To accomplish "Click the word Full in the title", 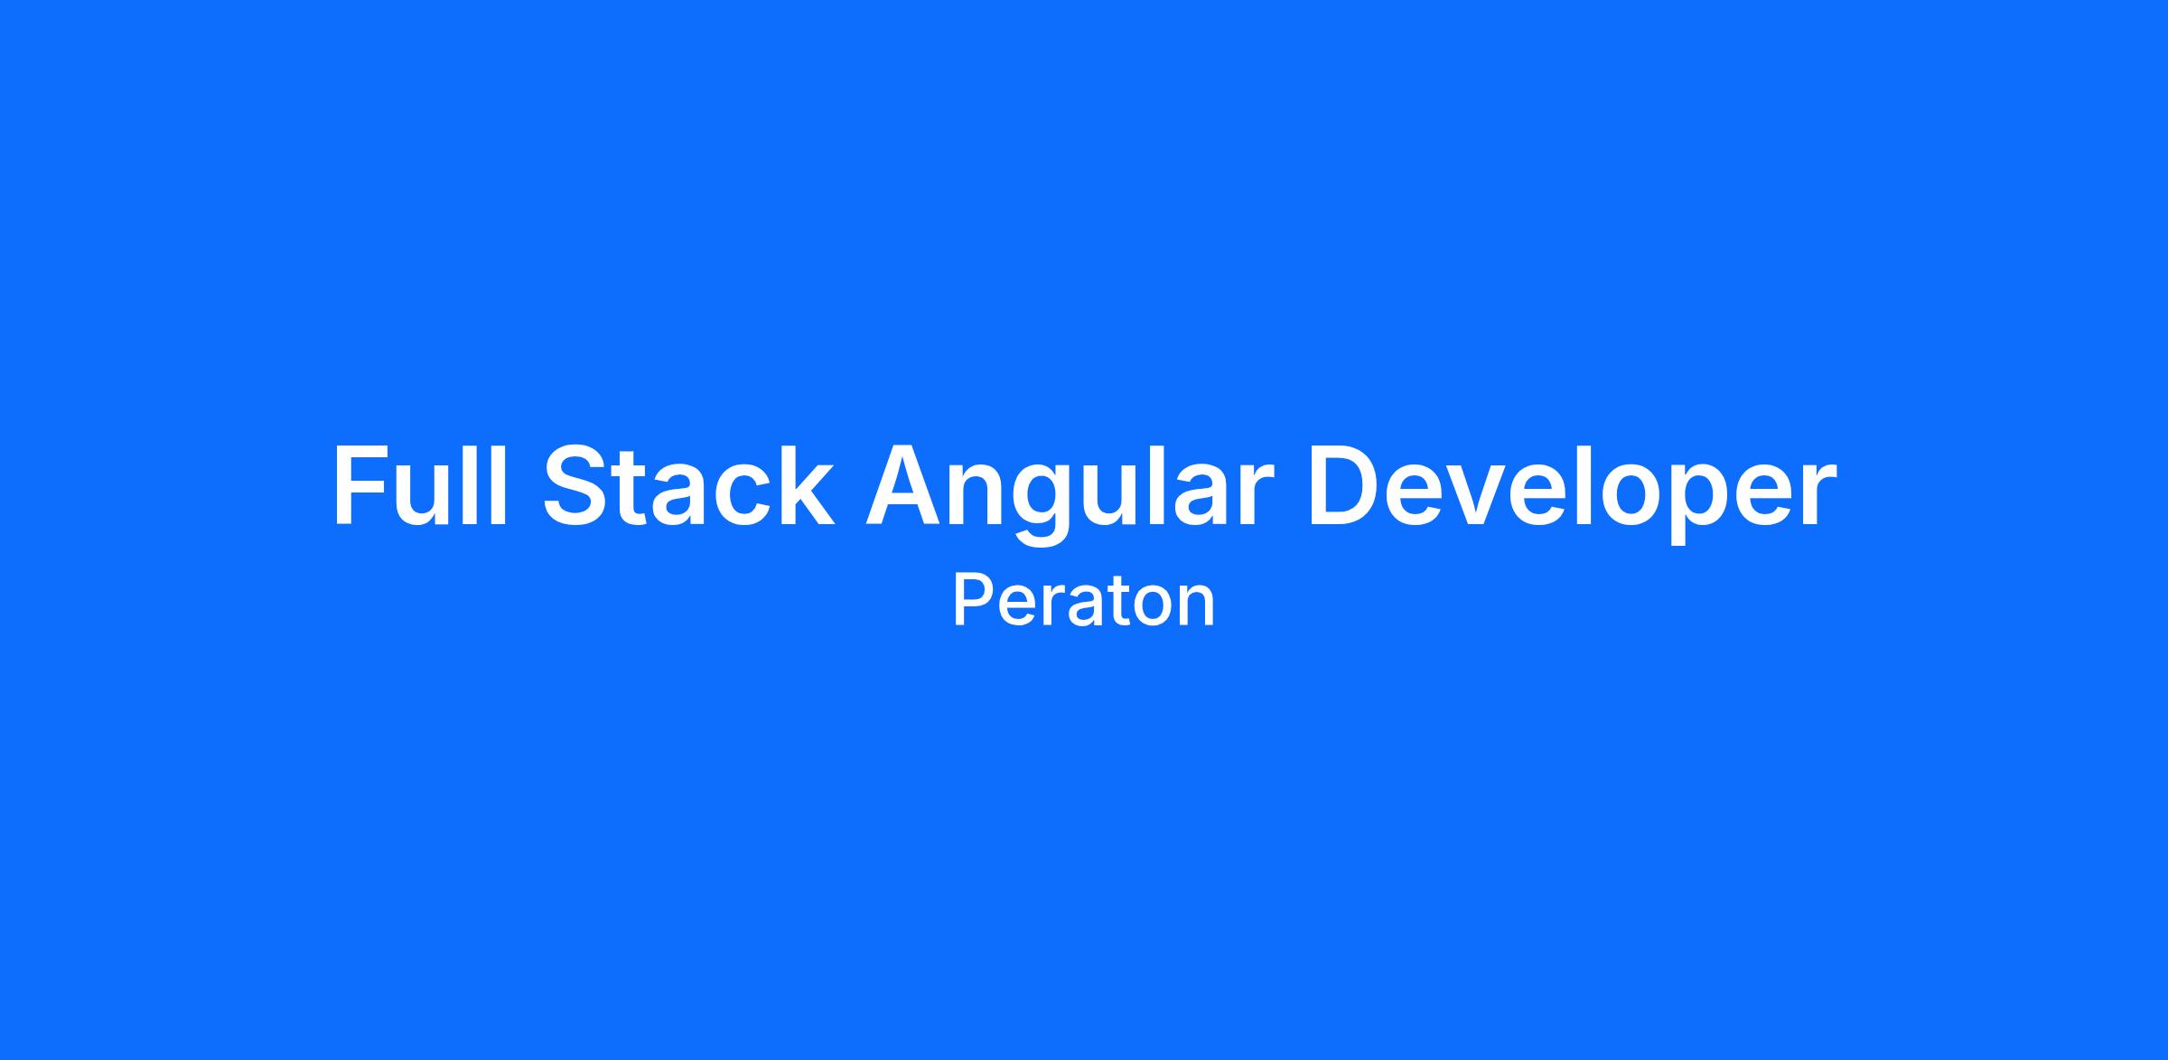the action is pyautogui.click(x=421, y=484).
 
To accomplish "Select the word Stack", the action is pyautogui.click(x=688, y=484).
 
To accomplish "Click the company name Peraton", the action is pyautogui.click(x=1084, y=601).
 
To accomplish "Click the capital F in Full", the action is pyautogui.click(x=361, y=485).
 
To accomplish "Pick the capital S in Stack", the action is pyautogui.click(x=577, y=485).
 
